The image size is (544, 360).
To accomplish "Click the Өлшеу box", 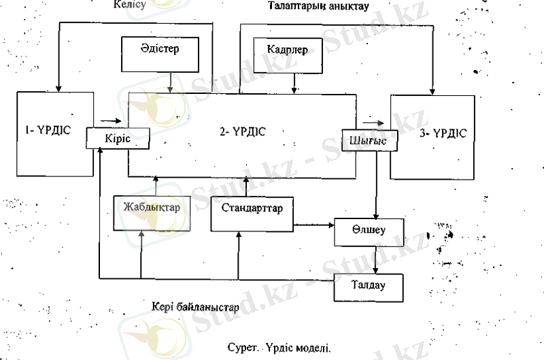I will pyautogui.click(x=369, y=231).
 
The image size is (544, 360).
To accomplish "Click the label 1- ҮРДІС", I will pyautogui.click(x=46, y=129).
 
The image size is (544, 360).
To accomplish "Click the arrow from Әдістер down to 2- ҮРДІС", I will pyautogui.click(x=169, y=82).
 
